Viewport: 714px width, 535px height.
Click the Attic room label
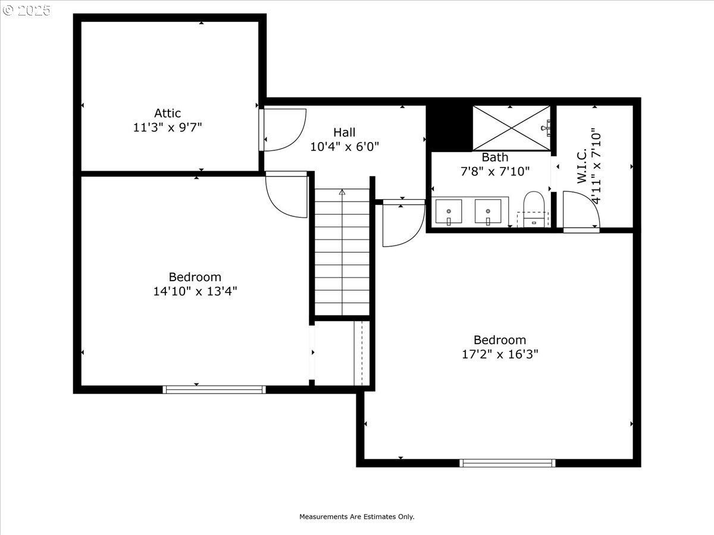click(167, 113)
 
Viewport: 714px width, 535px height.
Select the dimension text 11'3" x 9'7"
click(167, 127)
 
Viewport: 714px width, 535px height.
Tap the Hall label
click(344, 132)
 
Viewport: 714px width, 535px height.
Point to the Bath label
click(495, 158)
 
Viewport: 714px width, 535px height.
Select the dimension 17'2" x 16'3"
click(500, 354)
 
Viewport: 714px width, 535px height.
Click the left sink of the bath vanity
click(448, 212)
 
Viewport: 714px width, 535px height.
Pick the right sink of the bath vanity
click(488, 212)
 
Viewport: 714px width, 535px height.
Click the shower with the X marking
click(511, 127)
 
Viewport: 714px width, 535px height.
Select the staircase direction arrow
click(342, 193)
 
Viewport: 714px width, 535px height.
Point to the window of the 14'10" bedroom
click(214, 390)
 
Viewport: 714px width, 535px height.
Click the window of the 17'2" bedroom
click(508, 463)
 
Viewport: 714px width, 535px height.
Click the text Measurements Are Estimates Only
click(356, 517)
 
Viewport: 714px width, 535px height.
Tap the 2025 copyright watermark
click(26, 10)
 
